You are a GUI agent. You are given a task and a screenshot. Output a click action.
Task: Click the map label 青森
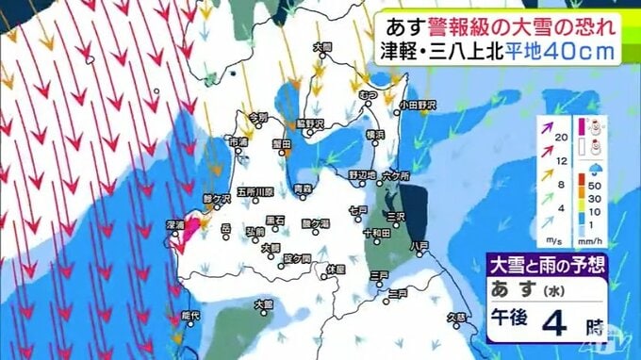[302, 189]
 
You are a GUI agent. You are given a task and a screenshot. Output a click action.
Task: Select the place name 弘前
[255, 231]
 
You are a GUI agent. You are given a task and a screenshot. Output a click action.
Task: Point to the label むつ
[369, 96]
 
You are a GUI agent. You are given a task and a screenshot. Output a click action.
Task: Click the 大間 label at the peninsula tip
[322, 46]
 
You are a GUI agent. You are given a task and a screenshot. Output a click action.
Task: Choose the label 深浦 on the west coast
[175, 226]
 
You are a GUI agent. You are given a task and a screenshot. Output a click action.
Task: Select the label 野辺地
[362, 174]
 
